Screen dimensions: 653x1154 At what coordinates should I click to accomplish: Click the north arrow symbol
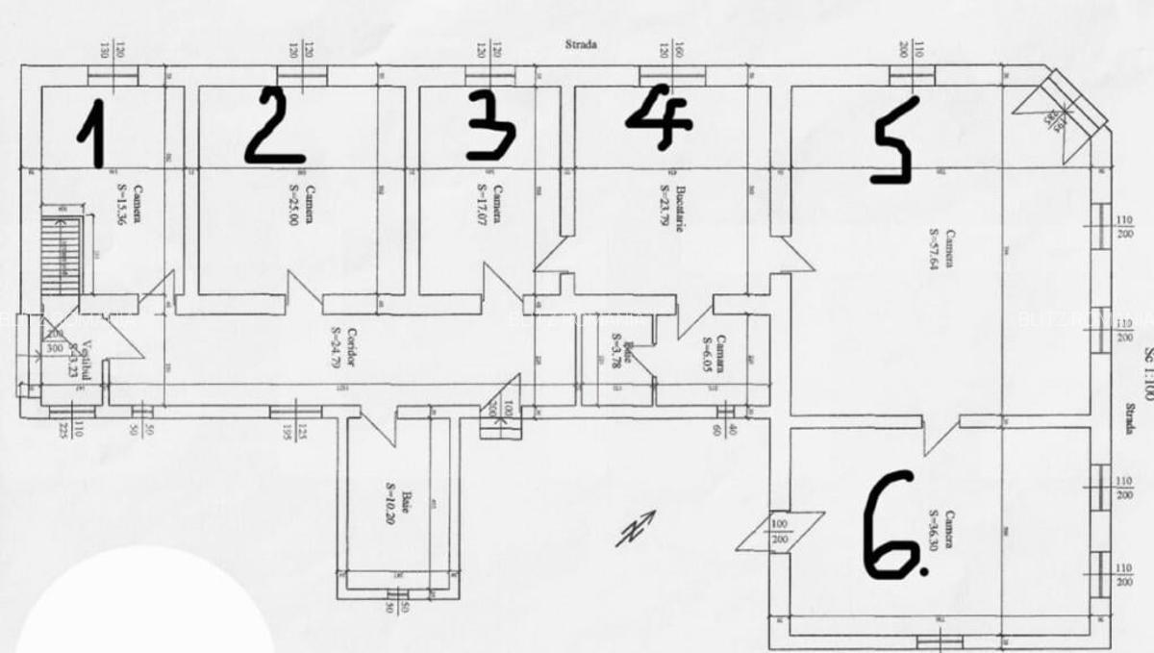635,528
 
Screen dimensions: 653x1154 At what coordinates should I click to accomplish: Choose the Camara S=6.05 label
713,354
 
